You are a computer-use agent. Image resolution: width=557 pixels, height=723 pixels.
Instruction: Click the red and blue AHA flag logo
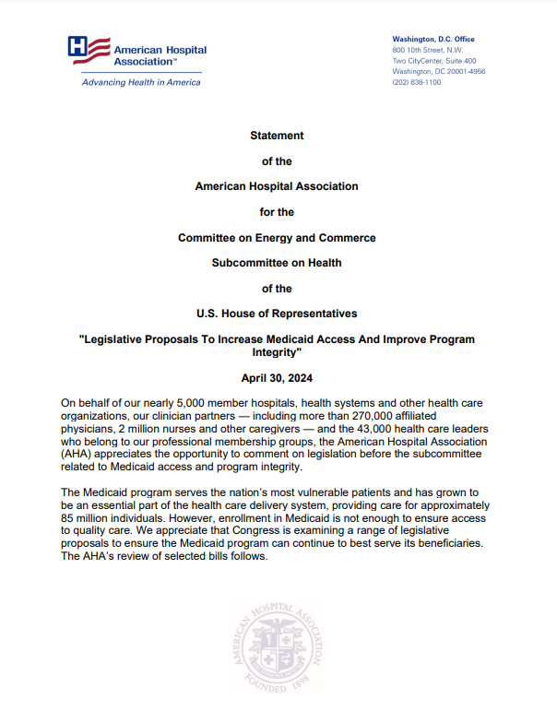click(89, 50)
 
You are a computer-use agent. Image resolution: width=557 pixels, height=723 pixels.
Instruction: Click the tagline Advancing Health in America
click(141, 82)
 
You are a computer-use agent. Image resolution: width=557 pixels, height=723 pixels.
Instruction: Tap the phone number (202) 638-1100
click(417, 82)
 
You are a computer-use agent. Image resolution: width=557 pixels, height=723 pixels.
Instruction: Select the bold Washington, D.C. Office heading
click(433, 39)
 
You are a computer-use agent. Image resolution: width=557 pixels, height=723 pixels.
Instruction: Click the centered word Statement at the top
click(277, 136)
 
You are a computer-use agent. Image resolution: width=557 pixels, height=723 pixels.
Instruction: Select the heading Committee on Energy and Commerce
click(277, 237)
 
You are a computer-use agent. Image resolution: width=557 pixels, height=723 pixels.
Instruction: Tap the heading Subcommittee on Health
click(277, 262)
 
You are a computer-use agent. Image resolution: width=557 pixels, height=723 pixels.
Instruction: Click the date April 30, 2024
click(277, 378)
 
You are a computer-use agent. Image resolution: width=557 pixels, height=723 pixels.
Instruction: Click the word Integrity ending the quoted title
click(277, 353)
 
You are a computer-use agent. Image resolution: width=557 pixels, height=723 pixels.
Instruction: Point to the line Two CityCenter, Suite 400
click(434, 61)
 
